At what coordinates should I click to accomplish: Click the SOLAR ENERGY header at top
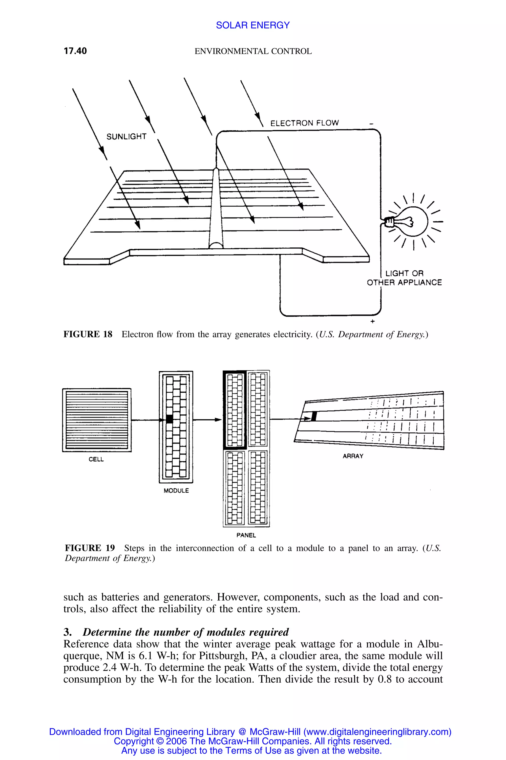(x=253, y=25)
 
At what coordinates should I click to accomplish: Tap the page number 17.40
(x=75, y=51)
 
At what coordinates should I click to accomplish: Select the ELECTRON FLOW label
(x=304, y=123)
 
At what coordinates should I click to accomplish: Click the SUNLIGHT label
(x=126, y=137)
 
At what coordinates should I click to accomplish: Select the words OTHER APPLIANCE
(x=404, y=283)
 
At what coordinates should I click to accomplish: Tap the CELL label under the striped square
(x=96, y=459)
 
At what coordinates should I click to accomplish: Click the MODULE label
(x=176, y=491)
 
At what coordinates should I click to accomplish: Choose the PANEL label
(x=246, y=535)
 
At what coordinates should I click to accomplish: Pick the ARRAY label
(x=353, y=456)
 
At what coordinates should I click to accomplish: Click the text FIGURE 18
(x=88, y=334)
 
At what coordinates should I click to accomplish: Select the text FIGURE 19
(x=90, y=548)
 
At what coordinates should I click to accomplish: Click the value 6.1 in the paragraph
(x=146, y=656)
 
